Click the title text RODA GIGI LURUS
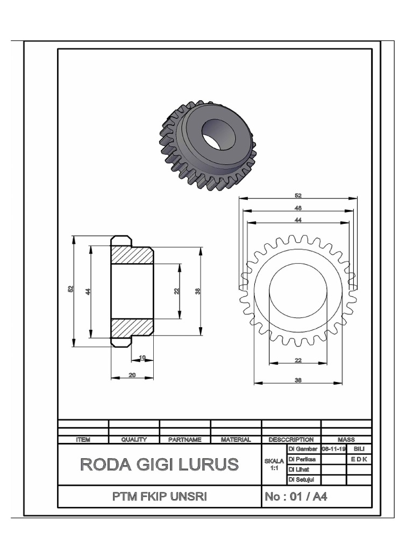159,464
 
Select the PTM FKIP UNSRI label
159,497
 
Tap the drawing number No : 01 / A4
295,497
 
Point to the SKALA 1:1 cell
274,464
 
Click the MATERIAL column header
236,440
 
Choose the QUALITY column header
134,440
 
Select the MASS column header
346,440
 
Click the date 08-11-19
333,449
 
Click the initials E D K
359,459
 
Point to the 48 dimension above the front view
298,208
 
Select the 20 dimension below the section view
132,375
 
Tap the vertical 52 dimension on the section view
70,289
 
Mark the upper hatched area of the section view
132,256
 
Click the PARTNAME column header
184,440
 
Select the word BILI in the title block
359,449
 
